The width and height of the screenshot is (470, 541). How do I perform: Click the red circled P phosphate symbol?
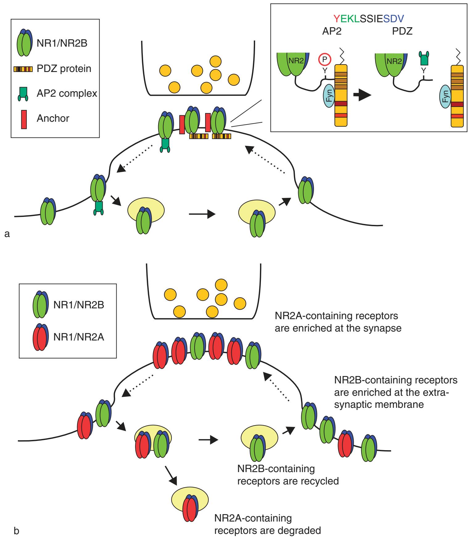[324, 59]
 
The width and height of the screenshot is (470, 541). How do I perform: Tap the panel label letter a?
[7, 234]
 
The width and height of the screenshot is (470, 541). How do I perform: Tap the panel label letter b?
[17, 532]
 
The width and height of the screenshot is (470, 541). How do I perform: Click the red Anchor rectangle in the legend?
[24, 119]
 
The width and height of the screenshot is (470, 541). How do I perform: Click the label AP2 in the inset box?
[331, 32]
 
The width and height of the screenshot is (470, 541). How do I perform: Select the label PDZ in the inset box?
[402, 32]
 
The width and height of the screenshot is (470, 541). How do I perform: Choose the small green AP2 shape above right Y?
[424, 58]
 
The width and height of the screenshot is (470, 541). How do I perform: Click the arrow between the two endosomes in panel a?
[202, 214]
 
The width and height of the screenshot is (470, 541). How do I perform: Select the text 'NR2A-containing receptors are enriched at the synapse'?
[338, 322]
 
